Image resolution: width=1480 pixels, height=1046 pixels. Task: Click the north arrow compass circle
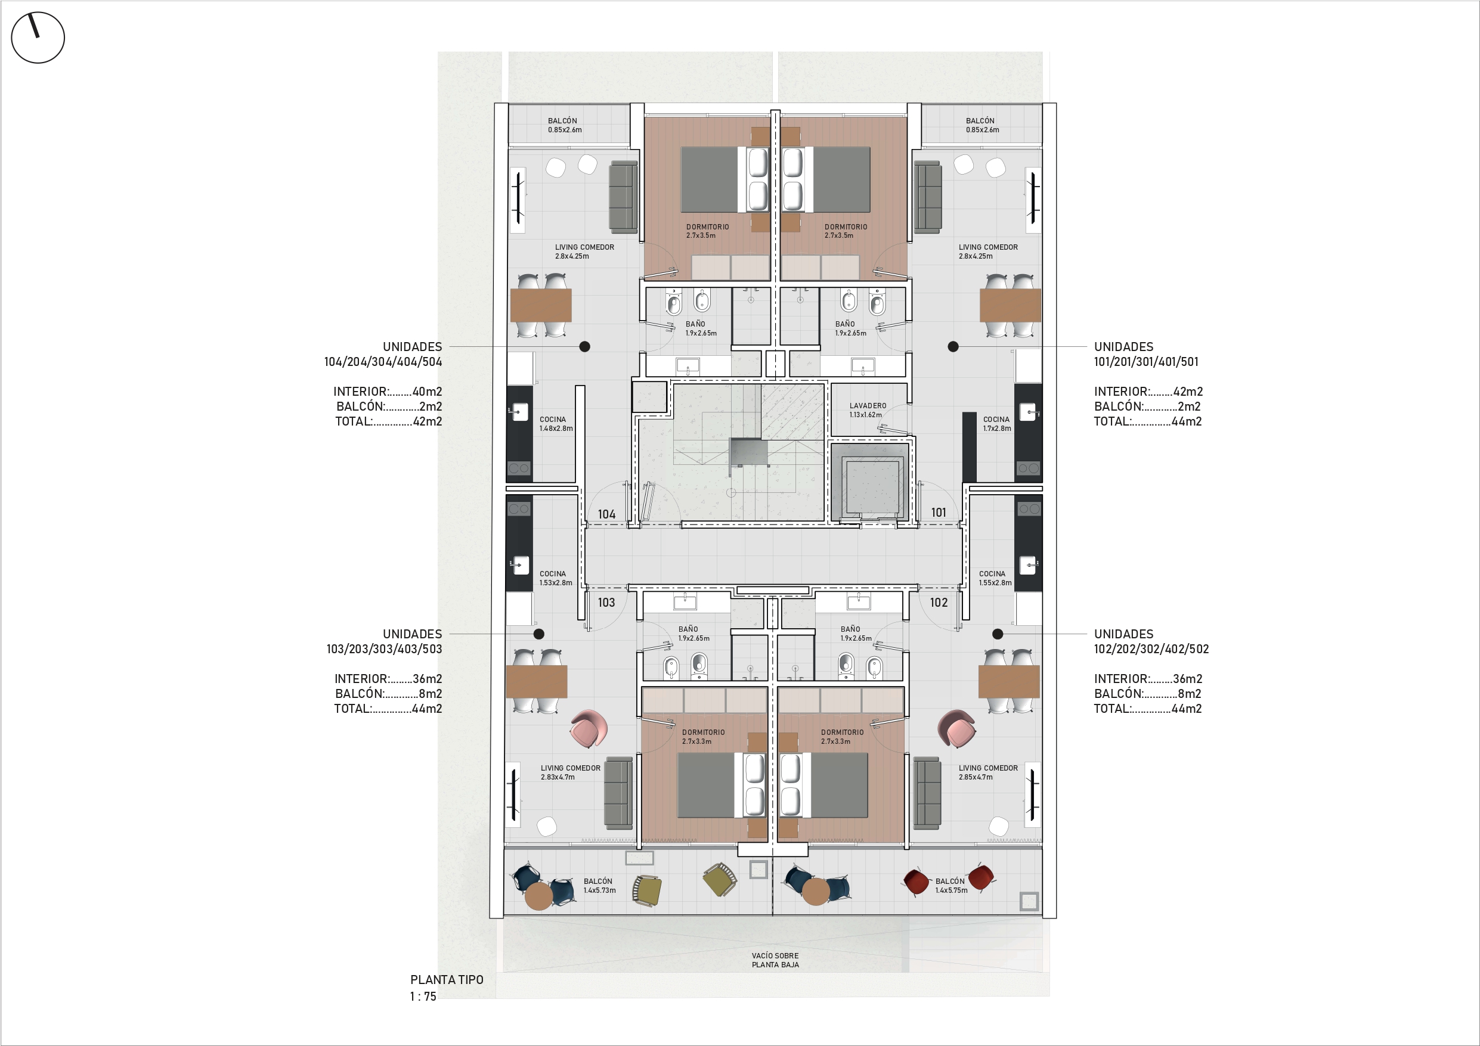click(x=38, y=37)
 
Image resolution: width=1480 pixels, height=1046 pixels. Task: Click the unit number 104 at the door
click(x=606, y=514)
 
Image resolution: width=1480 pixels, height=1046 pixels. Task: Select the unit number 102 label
click(x=939, y=603)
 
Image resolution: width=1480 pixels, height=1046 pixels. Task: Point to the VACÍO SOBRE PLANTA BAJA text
click(x=775, y=960)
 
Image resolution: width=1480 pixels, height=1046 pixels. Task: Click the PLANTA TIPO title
click(x=447, y=980)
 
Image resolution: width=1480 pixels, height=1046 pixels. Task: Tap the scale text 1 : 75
click(x=423, y=997)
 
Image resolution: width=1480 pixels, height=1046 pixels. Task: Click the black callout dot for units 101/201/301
click(x=953, y=347)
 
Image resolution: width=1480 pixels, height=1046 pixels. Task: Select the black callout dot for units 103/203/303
click(x=539, y=634)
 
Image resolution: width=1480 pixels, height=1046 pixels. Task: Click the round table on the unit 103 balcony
click(x=539, y=896)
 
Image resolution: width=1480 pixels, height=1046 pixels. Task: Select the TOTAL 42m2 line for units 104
click(x=389, y=421)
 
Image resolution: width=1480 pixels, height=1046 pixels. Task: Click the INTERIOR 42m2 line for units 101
click(x=1148, y=391)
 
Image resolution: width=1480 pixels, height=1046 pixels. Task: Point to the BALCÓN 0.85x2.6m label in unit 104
click(x=565, y=125)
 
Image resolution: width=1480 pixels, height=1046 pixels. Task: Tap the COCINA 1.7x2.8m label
click(x=996, y=423)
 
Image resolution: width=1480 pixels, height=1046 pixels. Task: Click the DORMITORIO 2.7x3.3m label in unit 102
click(x=842, y=737)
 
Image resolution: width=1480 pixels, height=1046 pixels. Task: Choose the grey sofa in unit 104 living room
click(x=623, y=197)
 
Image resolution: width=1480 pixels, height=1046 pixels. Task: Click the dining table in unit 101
click(x=1010, y=306)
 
